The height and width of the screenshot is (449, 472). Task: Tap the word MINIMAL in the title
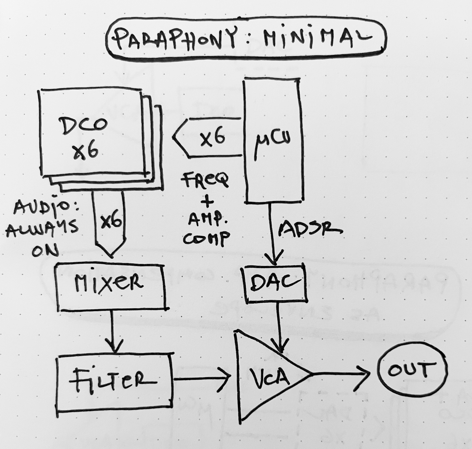coord(316,37)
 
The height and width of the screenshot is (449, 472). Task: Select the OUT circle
coord(412,371)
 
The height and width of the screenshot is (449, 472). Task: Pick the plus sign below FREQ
coord(209,202)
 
